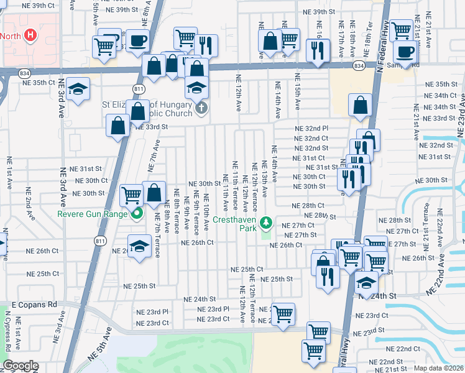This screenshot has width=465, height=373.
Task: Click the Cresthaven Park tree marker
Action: click(x=266, y=221)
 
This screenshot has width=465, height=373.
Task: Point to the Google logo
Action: click(x=20, y=366)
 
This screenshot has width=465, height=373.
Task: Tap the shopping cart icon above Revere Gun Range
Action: click(x=131, y=195)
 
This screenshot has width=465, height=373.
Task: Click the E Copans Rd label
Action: click(x=34, y=305)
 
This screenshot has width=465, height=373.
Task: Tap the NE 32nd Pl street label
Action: click(x=311, y=128)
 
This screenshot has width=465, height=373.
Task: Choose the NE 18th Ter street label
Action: click(x=371, y=37)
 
